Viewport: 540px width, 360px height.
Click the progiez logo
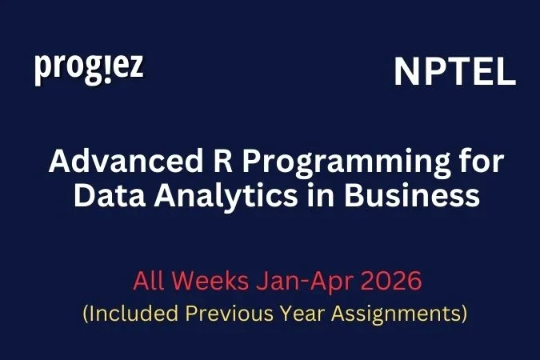point(89,68)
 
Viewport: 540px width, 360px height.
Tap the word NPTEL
point(454,73)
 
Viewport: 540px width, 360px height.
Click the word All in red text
point(150,282)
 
